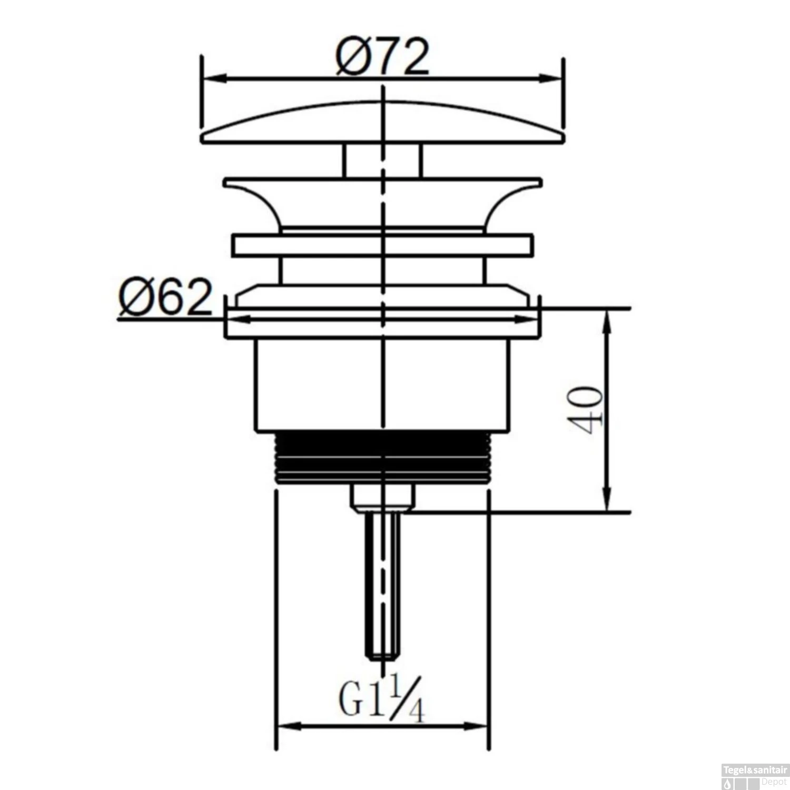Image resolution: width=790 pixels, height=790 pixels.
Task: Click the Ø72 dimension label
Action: point(383,55)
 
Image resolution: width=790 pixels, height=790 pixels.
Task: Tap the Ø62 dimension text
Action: point(165,298)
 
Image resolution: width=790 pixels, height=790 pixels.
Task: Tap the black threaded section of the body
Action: point(383,457)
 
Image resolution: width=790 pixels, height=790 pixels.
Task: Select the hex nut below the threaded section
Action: point(383,497)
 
